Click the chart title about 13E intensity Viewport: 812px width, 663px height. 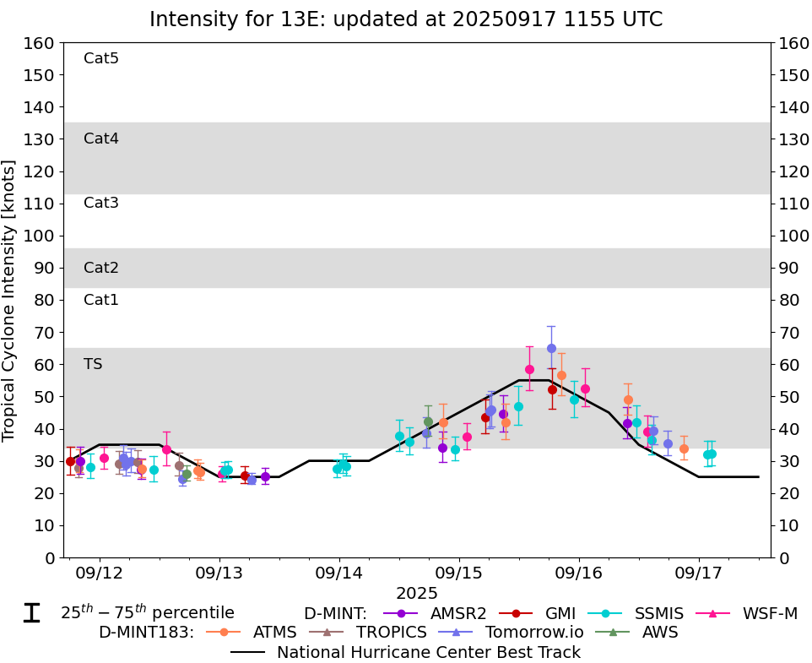406,19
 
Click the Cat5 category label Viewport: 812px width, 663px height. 101,58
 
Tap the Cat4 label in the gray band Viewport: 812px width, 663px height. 101,139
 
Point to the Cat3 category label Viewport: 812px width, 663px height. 101,203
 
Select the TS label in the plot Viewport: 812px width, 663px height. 93,364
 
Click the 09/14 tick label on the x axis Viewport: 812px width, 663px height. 339,573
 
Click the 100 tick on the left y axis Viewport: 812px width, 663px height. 39,236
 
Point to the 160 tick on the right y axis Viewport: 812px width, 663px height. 794,43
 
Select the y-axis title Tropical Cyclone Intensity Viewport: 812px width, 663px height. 10,300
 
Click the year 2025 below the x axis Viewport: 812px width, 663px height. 417,593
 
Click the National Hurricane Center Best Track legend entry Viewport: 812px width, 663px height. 429,652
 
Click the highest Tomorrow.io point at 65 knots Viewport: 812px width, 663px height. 551,348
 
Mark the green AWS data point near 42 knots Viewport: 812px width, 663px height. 428,421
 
